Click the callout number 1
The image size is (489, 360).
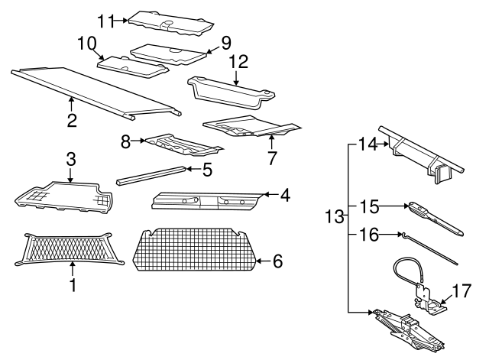pyautogui.click(x=72, y=287)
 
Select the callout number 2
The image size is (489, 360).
pyautogui.click(x=72, y=120)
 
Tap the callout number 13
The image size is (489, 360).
pyautogui.click(x=333, y=216)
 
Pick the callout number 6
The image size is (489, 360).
pyautogui.click(x=277, y=261)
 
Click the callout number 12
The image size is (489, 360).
pyautogui.click(x=238, y=60)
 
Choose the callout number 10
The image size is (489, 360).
pyautogui.click(x=86, y=43)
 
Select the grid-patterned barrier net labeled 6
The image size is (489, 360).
pyautogui.click(x=195, y=249)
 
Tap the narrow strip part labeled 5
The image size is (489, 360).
pyautogui.click(x=151, y=174)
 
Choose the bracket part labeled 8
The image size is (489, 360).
pyautogui.click(x=183, y=143)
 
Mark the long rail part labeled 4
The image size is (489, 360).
pyautogui.click(x=206, y=200)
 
